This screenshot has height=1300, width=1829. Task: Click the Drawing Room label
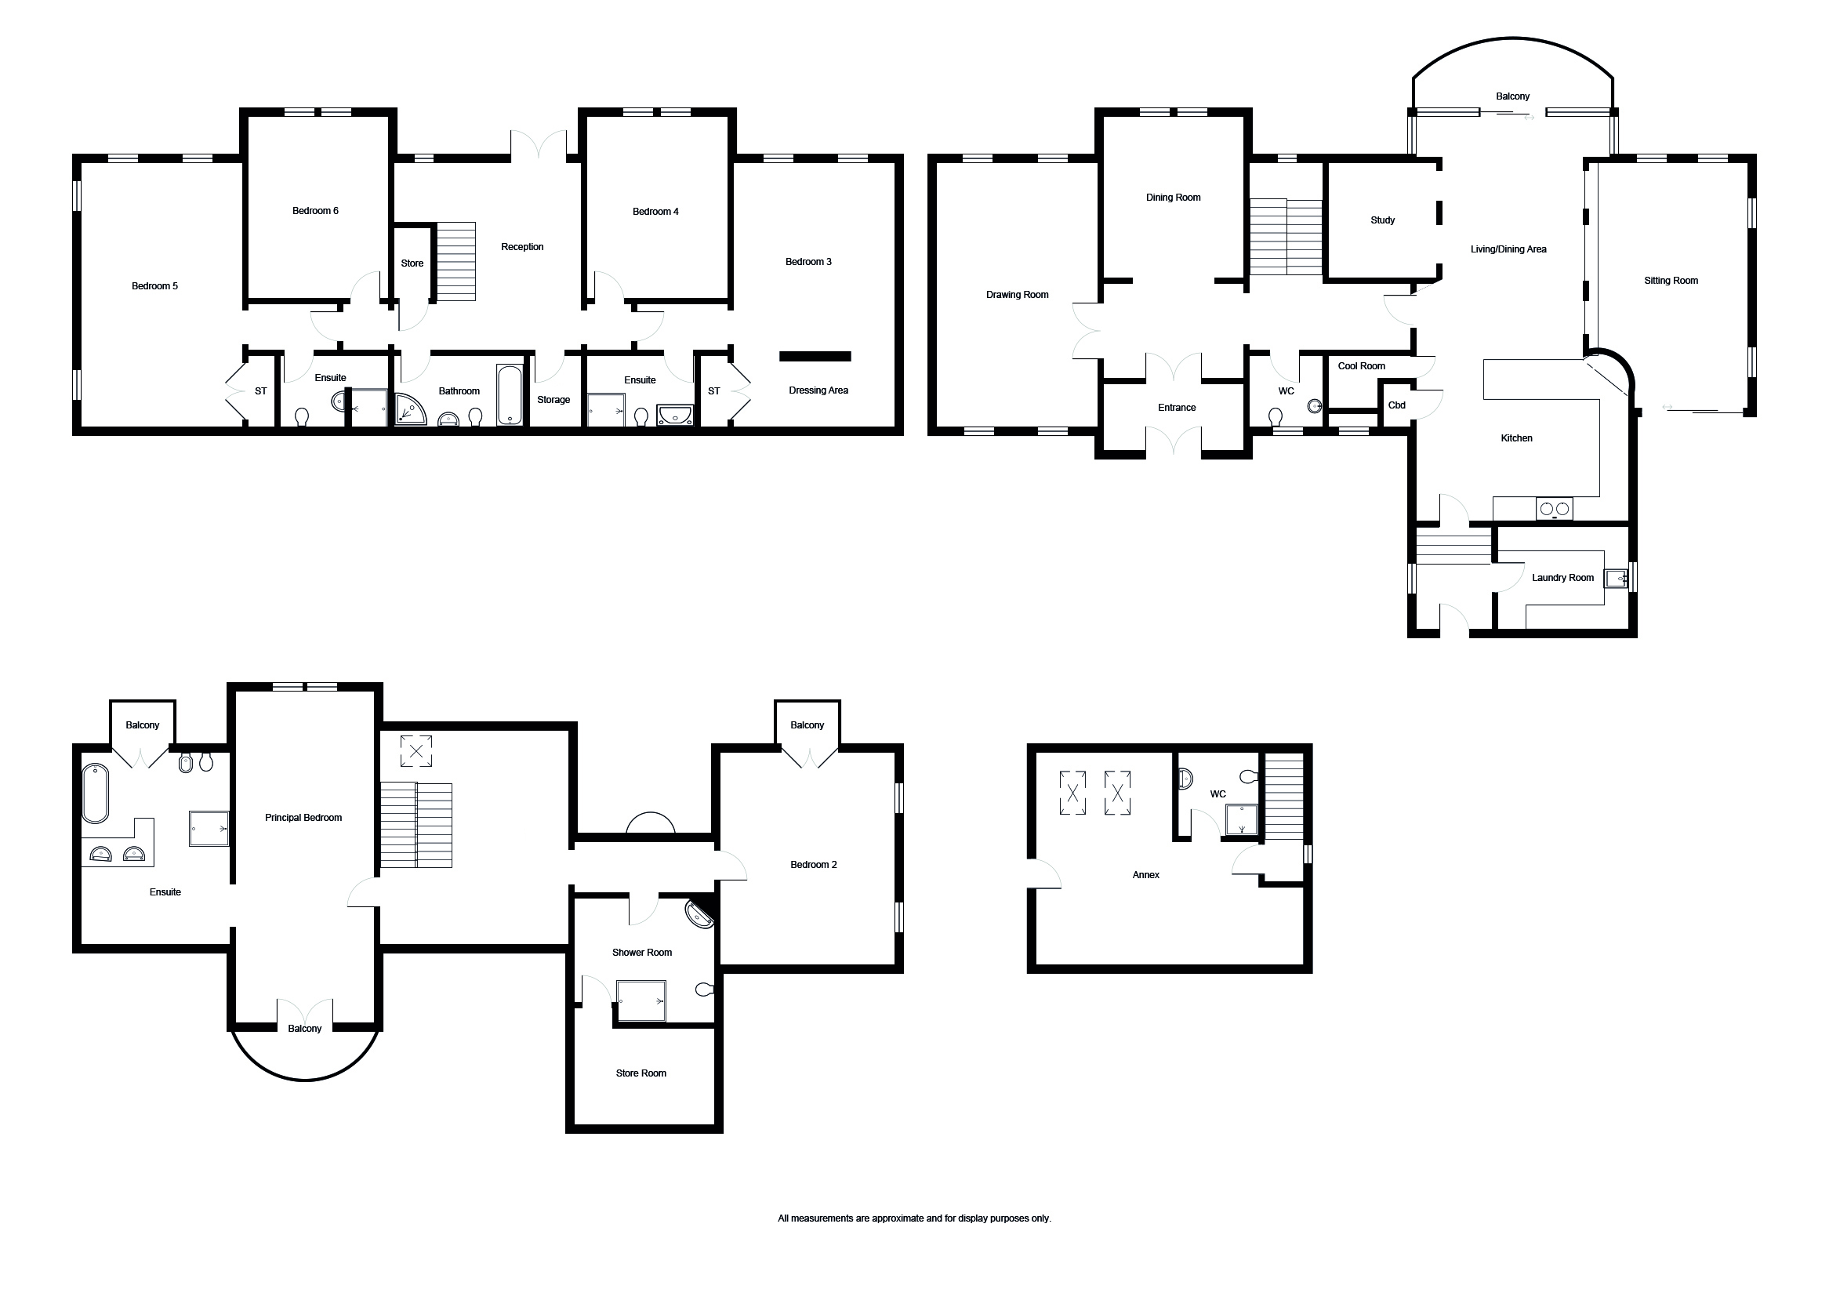[1017, 295]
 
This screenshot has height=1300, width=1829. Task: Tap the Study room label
[1382, 220]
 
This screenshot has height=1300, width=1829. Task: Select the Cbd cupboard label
[1396, 405]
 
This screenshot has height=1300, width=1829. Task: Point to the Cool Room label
[1362, 366]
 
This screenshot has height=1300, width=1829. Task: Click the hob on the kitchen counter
[1554, 508]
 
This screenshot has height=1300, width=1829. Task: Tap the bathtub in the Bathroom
[510, 394]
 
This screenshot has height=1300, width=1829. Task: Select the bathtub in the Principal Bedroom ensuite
[95, 793]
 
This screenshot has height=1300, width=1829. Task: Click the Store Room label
[641, 1073]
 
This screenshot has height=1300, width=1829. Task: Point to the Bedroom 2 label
[813, 865]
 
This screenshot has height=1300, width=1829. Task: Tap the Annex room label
[1146, 875]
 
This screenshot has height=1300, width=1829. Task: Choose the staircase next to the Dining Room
[1286, 237]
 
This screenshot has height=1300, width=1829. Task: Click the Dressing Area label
[818, 390]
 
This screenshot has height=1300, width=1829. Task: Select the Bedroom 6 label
[315, 211]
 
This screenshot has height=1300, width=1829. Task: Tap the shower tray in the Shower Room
[641, 1000]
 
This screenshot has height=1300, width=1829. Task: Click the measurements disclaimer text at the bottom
[914, 1218]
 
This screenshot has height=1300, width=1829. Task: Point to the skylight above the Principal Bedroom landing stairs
[416, 751]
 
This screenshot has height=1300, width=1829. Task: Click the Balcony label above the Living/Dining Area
[1513, 96]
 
